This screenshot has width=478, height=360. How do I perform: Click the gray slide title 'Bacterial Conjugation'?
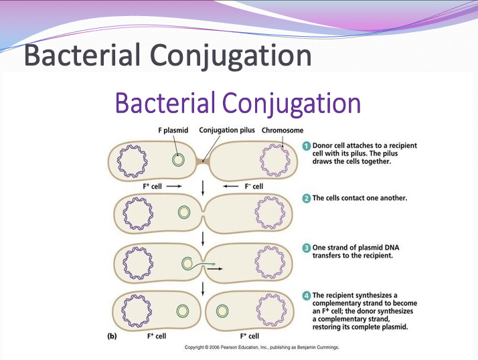click(x=167, y=56)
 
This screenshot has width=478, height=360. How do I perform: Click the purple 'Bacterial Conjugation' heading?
click(x=238, y=104)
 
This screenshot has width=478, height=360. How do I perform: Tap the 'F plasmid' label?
click(x=173, y=130)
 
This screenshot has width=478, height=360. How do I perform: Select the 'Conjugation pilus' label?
click(x=227, y=130)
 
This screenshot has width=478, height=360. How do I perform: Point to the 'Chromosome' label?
click(x=283, y=130)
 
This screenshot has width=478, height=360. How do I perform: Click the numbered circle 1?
click(x=306, y=145)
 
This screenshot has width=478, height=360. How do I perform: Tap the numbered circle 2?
click(x=306, y=198)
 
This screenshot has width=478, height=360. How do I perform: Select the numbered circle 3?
click(x=306, y=248)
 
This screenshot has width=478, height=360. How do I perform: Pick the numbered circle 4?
click(x=306, y=294)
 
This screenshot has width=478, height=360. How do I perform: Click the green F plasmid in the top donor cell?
click(x=178, y=161)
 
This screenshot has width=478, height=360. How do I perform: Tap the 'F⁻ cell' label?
click(x=252, y=185)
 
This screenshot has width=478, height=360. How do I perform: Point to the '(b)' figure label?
click(x=113, y=336)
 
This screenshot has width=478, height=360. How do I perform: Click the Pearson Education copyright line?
click(x=262, y=348)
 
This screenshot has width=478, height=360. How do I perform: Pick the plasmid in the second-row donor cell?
click(x=183, y=213)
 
